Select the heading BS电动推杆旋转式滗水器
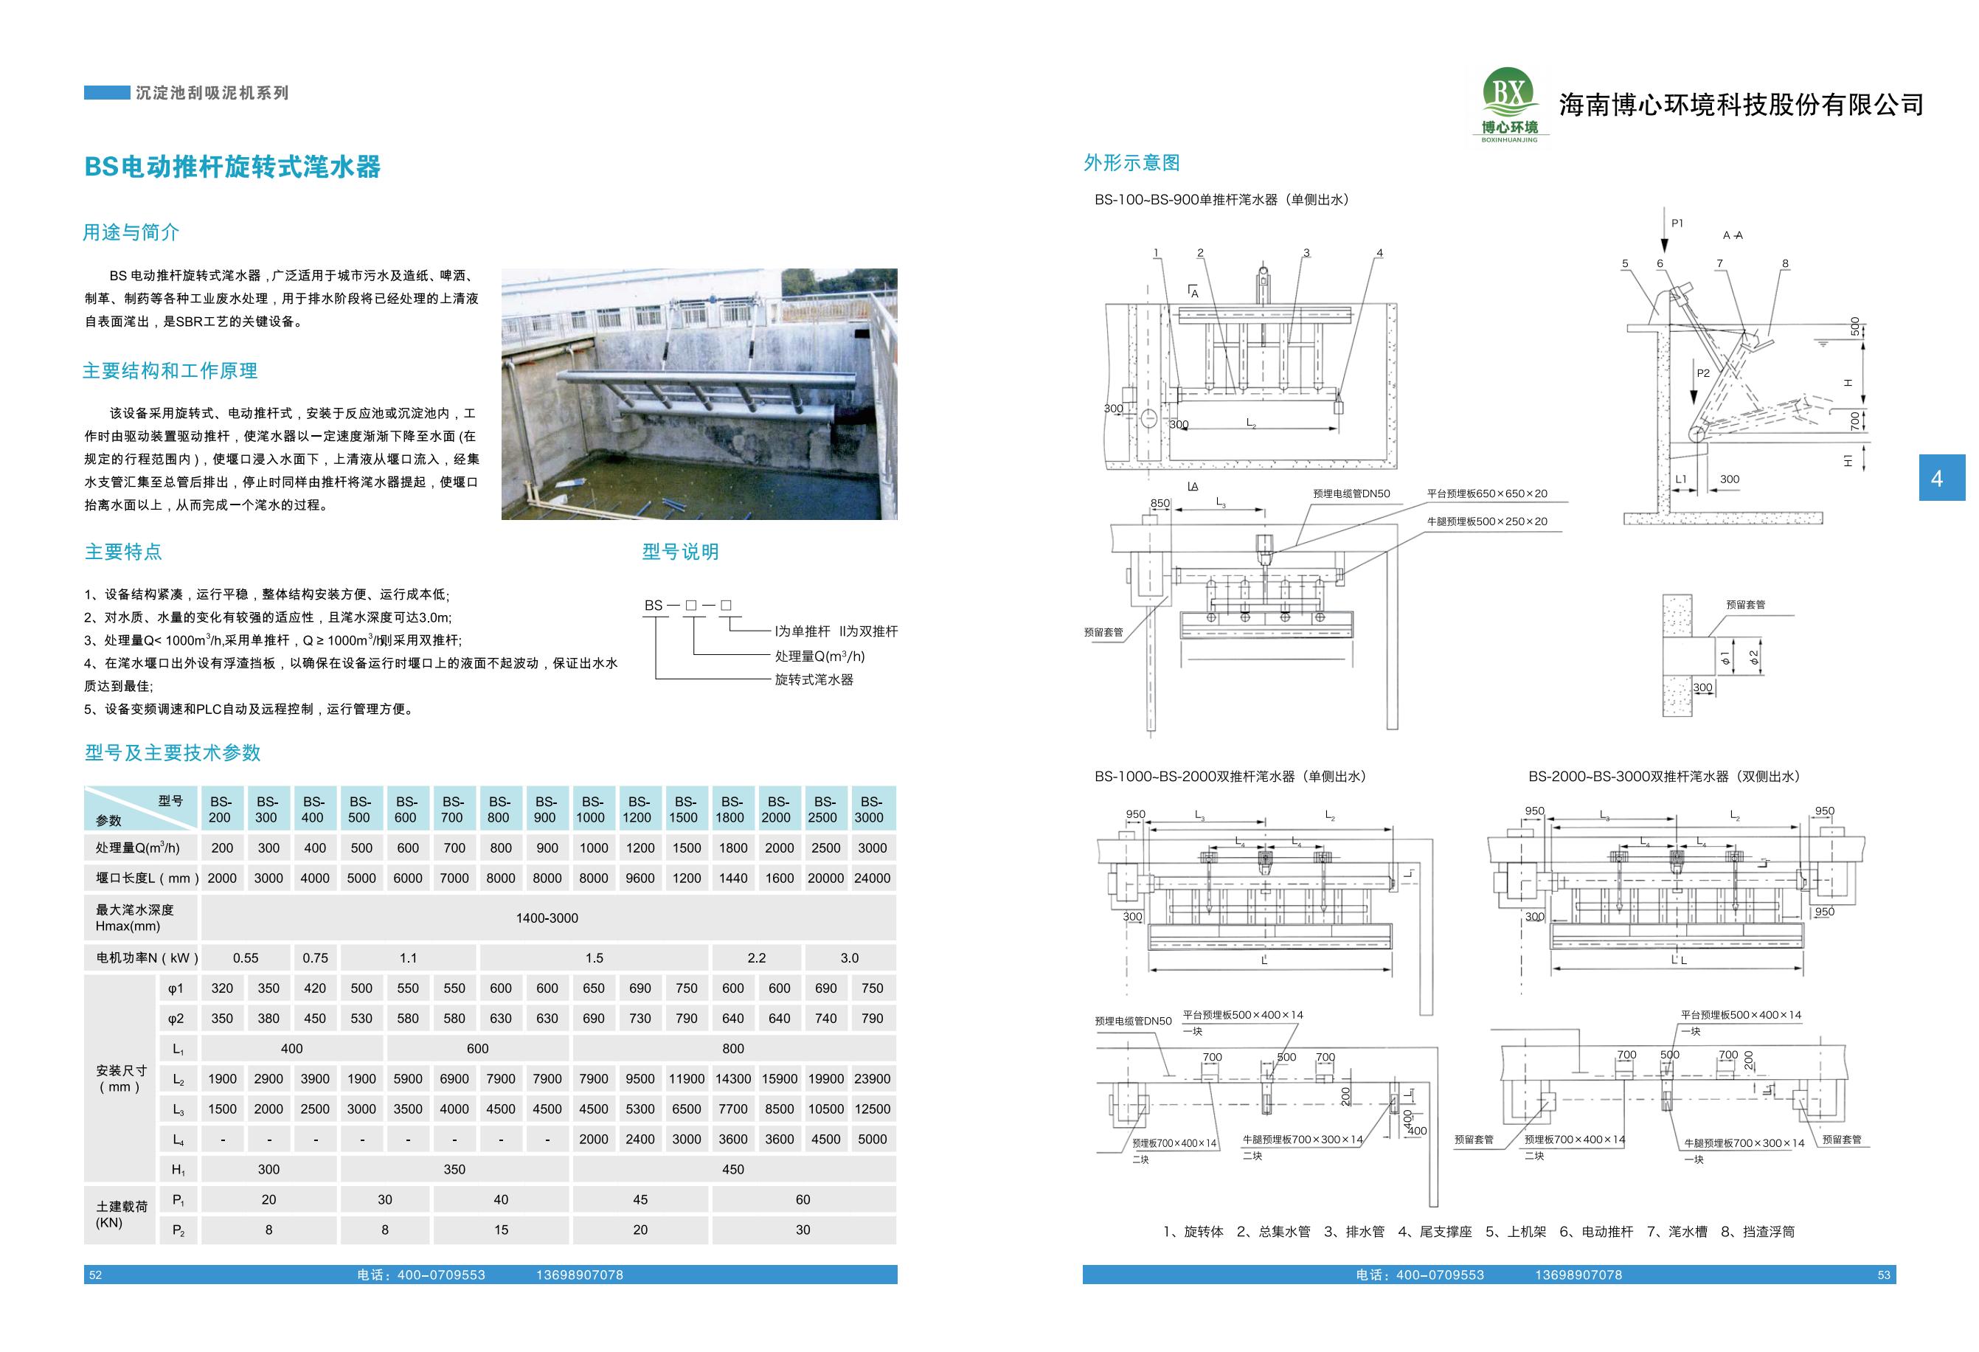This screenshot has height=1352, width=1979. pyautogui.click(x=232, y=167)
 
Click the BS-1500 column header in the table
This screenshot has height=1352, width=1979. pyautogui.click(x=685, y=809)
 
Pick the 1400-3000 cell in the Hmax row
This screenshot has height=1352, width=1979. pyautogui.click(x=547, y=918)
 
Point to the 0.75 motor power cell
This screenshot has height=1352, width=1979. pyautogui.click(x=315, y=958)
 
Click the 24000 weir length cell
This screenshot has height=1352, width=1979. pyautogui.click(x=872, y=878)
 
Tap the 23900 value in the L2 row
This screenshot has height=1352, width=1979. pyautogui.click(x=872, y=1078)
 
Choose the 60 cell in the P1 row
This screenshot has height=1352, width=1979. pyautogui.click(x=803, y=1199)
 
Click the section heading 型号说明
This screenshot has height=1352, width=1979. pyautogui.click(x=680, y=552)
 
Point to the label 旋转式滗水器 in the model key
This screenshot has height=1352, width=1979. pyautogui.click(x=814, y=679)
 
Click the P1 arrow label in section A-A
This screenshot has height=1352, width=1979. pyautogui.click(x=1677, y=223)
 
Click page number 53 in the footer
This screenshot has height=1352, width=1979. pyautogui.click(x=1884, y=1275)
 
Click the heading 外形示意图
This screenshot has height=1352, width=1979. pyautogui.click(x=1131, y=162)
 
